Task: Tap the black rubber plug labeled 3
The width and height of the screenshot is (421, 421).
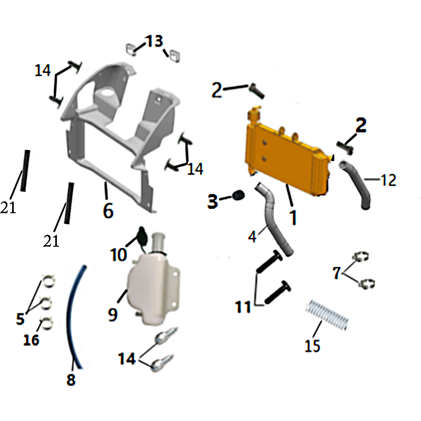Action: [x=238, y=195]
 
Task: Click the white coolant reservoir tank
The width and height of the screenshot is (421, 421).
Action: [x=154, y=285]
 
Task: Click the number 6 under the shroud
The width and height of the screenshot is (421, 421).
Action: [x=108, y=211]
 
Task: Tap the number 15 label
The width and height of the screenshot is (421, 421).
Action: [x=312, y=346]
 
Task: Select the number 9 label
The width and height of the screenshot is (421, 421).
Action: [x=113, y=315]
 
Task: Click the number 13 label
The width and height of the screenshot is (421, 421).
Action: [x=154, y=42]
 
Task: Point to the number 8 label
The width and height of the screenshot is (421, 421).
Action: [x=71, y=379]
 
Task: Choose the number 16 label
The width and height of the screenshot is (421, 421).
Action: [x=32, y=340]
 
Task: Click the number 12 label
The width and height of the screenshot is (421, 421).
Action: [x=388, y=180]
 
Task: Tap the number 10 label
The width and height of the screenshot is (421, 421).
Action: [x=118, y=254]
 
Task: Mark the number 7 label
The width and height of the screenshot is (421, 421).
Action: [x=337, y=273]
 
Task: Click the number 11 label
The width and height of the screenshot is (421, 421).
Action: [x=243, y=307]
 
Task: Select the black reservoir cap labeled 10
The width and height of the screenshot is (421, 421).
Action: [x=142, y=235]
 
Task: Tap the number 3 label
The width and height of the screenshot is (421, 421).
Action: [x=213, y=202]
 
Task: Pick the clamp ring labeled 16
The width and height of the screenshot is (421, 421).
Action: [x=46, y=323]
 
